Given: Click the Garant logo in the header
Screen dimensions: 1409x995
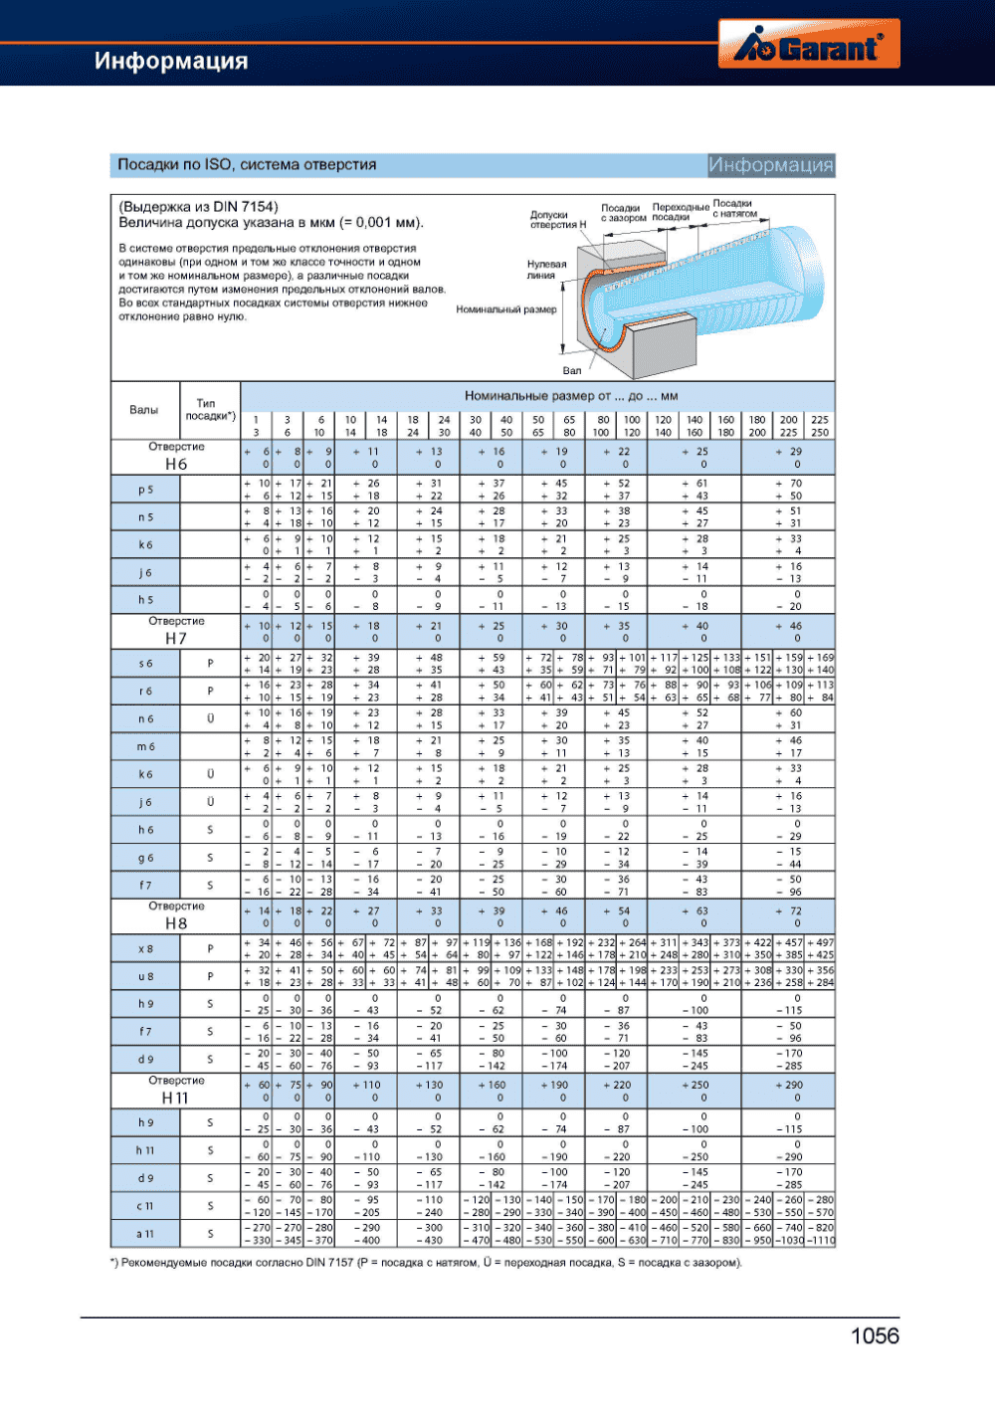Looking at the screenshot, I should click(x=808, y=46).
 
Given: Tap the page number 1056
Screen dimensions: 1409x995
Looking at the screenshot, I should click(x=875, y=1336).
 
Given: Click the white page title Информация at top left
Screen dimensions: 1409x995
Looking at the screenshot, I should click(x=171, y=61).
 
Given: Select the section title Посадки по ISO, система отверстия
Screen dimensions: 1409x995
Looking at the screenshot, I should click(x=247, y=164).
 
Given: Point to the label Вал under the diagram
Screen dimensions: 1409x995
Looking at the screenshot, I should click(x=572, y=371).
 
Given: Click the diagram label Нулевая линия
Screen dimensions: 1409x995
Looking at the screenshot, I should click(x=546, y=270).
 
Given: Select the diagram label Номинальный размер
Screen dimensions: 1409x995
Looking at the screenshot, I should click(x=505, y=309).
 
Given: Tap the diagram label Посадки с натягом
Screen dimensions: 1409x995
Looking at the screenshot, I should click(x=733, y=208).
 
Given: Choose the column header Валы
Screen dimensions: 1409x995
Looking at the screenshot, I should click(x=143, y=410).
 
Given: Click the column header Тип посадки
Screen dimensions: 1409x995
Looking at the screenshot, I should click(x=210, y=409).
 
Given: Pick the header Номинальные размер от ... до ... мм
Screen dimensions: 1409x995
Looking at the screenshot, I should click(x=570, y=396).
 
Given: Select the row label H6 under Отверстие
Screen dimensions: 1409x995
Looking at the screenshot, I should click(x=176, y=464).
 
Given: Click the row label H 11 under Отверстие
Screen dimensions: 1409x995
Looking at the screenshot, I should click(x=175, y=1098).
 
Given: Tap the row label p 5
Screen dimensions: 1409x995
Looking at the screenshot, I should click(x=145, y=490).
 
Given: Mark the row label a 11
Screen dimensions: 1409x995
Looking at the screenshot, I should click(x=145, y=1234).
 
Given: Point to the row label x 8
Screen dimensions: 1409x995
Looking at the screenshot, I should click(x=145, y=949).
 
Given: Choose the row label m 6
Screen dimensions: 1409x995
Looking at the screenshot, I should click(x=145, y=746).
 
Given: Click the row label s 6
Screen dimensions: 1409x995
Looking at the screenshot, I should click(x=145, y=664).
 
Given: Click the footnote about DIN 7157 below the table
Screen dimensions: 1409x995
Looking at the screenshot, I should click(x=426, y=1263).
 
